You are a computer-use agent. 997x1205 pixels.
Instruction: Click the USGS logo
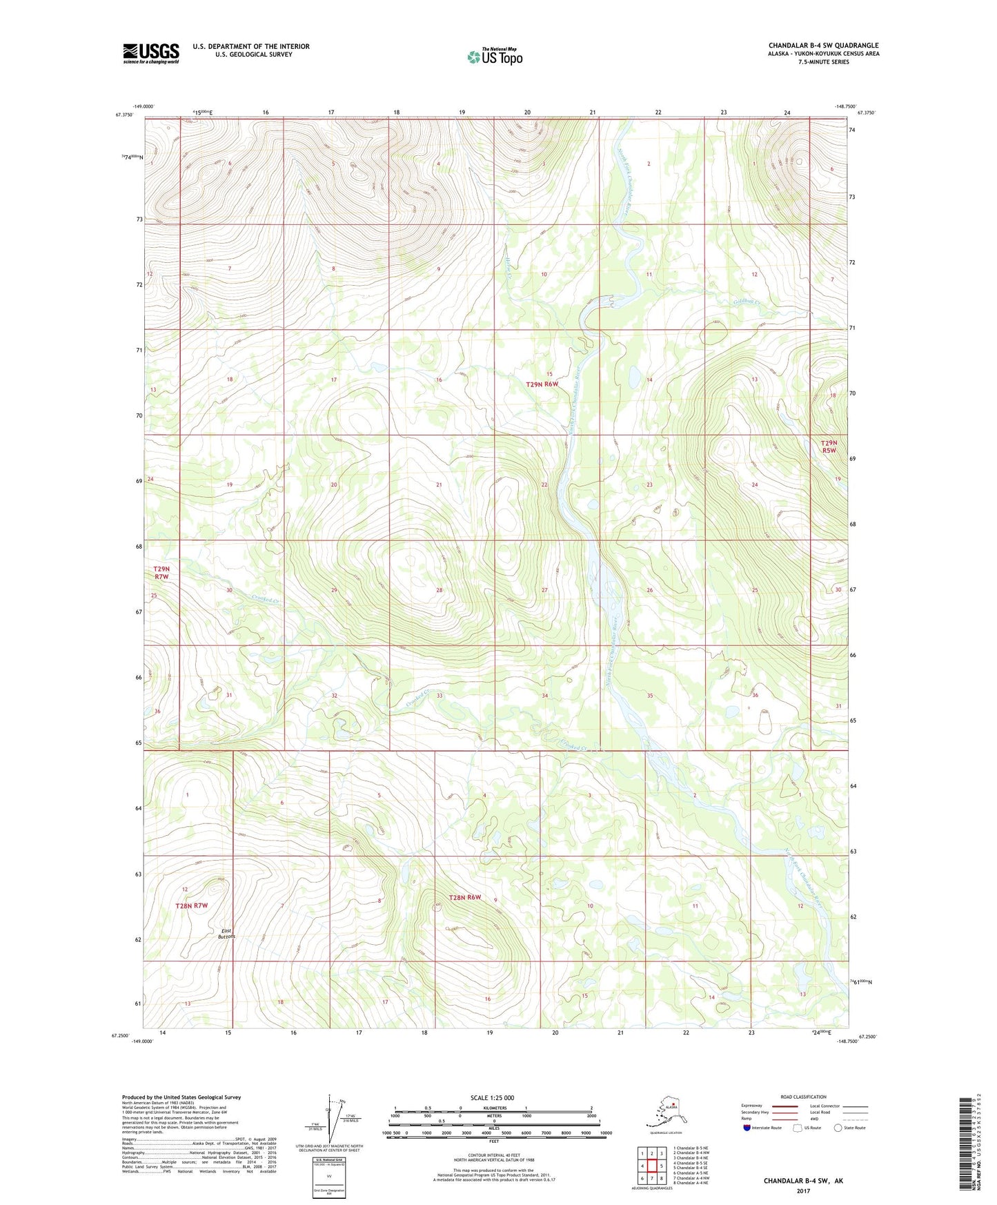tap(150, 54)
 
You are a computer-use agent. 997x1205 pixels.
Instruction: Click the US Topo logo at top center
tap(495, 57)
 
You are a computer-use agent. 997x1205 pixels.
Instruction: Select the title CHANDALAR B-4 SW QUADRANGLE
tap(823, 46)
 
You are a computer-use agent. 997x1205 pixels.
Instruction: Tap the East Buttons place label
tap(226, 933)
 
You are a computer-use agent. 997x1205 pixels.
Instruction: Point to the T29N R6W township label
tap(542, 384)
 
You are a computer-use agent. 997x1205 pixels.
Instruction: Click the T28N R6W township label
tap(464, 898)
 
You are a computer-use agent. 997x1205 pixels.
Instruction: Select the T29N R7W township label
tap(161, 572)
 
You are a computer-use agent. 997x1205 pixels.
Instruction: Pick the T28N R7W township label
tap(191, 905)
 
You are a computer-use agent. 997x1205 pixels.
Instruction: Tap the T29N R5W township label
tap(828, 447)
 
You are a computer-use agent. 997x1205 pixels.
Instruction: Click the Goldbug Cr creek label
tap(746, 302)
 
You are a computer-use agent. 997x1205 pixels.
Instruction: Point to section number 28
tap(439, 590)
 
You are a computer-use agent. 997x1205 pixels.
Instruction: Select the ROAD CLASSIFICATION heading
tap(803, 1097)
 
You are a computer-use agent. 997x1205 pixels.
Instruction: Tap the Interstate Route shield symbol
tap(747, 1128)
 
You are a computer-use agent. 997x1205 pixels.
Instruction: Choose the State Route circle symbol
tap(838, 1128)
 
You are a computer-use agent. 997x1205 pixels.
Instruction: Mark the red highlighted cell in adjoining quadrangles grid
tap(651, 1166)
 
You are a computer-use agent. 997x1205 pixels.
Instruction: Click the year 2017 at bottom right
tap(802, 1191)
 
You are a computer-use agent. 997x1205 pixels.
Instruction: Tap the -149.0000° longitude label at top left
tap(144, 106)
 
